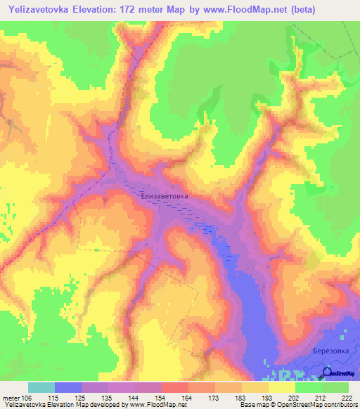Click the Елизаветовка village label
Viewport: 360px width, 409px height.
pos(165,198)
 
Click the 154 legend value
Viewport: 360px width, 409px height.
pos(161,397)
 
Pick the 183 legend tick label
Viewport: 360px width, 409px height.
pos(241,397)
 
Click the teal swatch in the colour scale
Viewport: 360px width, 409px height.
pos(41,387)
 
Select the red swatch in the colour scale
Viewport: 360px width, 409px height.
pos(175,387)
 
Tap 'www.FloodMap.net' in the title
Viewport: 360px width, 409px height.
pos(233,10)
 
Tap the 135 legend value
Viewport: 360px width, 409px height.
pos(108,397)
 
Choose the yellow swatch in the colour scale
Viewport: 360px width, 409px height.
pos(282,387)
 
